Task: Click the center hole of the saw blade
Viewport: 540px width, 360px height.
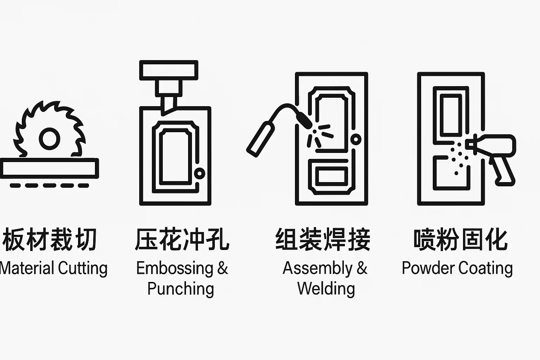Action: coord(50,139)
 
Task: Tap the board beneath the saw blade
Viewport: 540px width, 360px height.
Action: coord(49,168)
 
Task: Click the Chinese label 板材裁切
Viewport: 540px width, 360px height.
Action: coord(50,239)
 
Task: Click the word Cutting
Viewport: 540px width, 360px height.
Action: coord(83,269)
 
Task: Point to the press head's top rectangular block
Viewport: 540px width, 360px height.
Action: coord(169,70)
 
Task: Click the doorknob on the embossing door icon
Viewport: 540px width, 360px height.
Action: coord(200,173)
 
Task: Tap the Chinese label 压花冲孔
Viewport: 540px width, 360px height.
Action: coord(182,239)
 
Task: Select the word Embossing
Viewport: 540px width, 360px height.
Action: coord(175,269)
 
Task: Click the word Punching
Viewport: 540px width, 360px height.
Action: coord(181,289)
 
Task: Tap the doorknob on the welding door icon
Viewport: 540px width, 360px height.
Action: coord(356,139)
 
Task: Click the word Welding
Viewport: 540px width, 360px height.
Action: coord(326,288)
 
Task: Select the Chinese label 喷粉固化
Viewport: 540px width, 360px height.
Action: coord(461,239)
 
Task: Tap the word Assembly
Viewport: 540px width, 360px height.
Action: coord(317,269)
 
